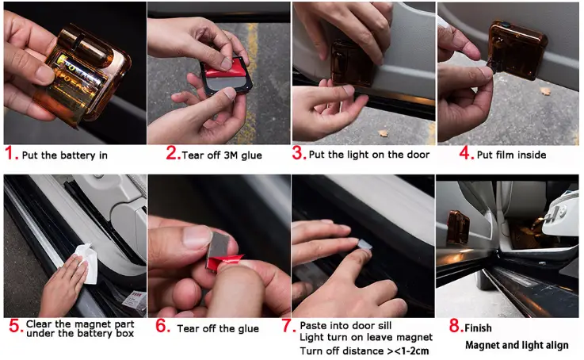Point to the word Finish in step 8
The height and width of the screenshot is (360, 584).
tap(479, 327)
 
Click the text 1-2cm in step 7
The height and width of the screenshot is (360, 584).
tap(409, 351)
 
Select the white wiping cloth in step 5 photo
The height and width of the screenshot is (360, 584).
tap(87, 261)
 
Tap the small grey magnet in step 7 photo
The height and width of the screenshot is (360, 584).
tap(364, 246)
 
